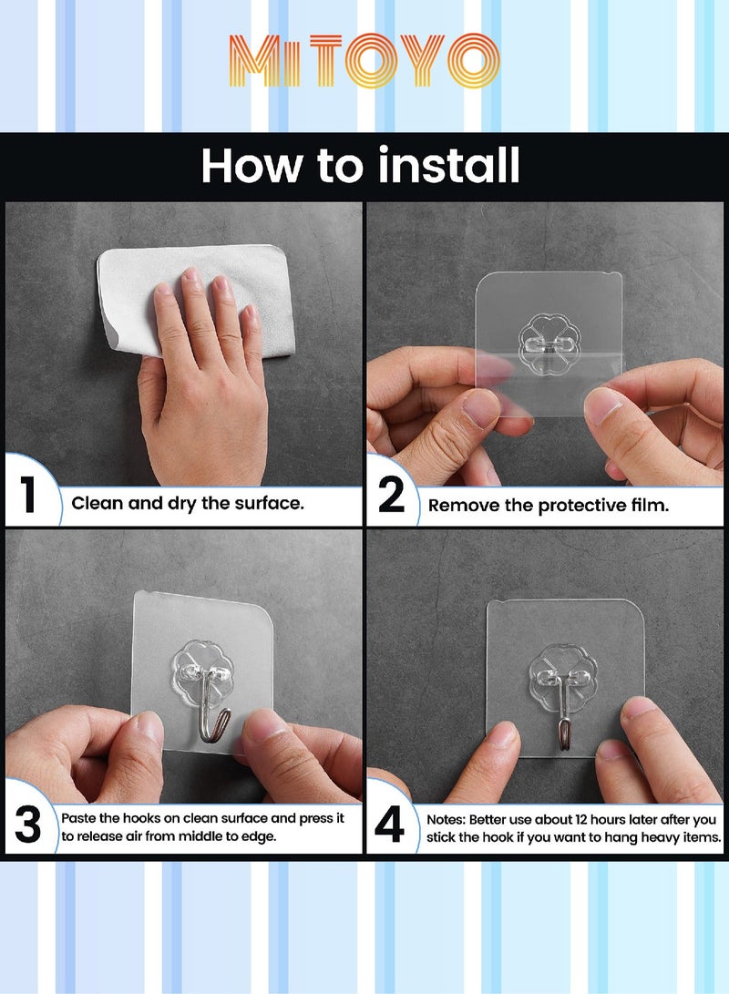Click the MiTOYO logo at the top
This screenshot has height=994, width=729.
coord(364,61)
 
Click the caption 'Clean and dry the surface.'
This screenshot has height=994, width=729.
coord(188,503)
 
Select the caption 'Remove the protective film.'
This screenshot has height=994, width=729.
coord(549,506)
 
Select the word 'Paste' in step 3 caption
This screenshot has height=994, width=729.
coord(79,818)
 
